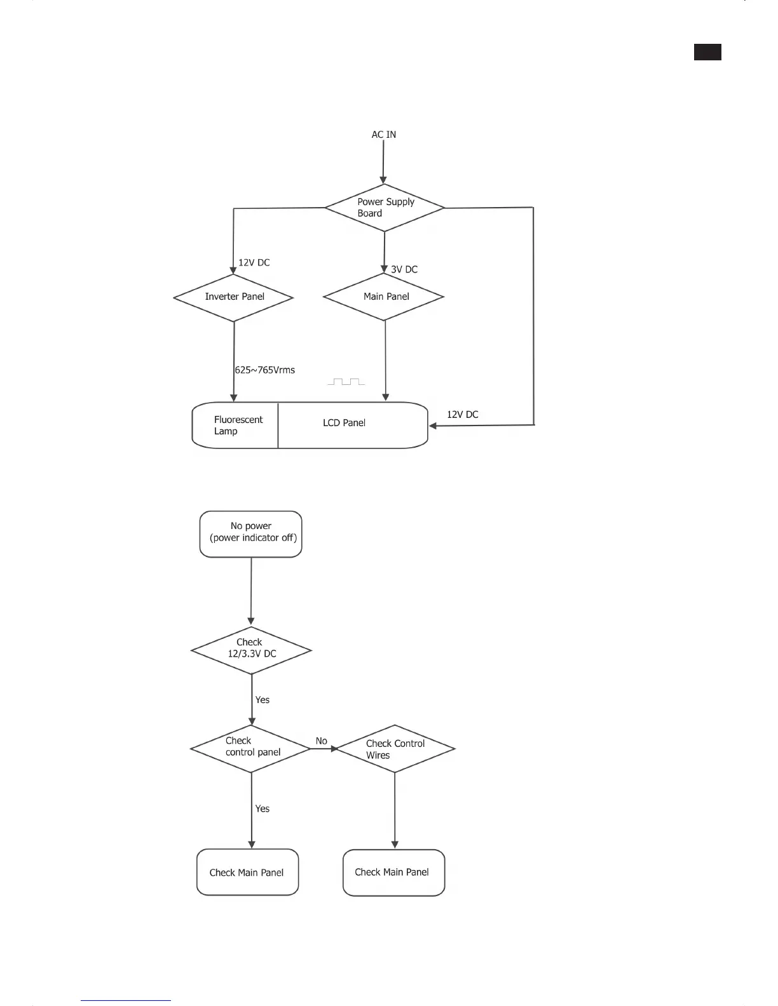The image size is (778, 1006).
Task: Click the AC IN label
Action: point(383,135)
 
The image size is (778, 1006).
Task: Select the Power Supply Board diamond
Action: point(385,208)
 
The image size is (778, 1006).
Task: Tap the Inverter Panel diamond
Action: point(234,297)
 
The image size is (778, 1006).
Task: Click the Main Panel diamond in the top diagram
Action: point(384,297)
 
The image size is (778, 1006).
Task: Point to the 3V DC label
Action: point(404,269)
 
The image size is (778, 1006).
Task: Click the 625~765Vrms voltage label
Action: point(265,370)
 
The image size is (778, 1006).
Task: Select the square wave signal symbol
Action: point(346,382)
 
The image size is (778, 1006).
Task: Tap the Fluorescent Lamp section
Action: point(236,426)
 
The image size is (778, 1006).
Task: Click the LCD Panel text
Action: point(344,423)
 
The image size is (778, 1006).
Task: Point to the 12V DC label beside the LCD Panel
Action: point(462,415)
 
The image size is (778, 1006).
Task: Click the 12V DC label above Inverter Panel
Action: point(254,262)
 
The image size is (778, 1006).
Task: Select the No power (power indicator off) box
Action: point(251,534)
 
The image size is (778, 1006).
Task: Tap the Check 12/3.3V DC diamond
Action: point(251,650)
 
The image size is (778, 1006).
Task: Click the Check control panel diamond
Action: point(251,748)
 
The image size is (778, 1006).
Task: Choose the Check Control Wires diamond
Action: point(395,749)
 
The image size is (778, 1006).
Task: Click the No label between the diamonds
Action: point(322,741)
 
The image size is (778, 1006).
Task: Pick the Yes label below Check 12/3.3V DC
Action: point(263,700)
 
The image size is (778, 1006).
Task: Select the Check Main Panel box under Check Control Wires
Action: point(393,873)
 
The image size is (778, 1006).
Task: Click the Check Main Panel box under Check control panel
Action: point(247,873)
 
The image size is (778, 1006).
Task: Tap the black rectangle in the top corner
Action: point(707,52)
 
